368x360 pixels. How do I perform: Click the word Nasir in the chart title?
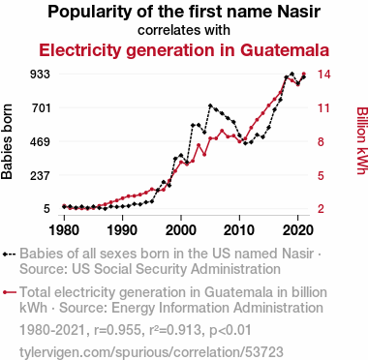tap(299, 12)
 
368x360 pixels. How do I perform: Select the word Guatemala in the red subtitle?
tap(285, 50)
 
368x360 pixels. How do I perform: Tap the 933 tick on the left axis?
tap(40, 75)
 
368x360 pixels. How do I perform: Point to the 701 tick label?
tap(41, 107)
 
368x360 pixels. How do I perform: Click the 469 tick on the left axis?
tap(40, 141)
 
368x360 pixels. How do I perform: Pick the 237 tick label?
tap(40, 176)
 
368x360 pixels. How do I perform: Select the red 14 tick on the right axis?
tap(323, 75)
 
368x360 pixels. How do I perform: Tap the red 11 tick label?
tap(323, 107)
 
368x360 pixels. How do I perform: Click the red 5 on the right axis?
tap(321, 176)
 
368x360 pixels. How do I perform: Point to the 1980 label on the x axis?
tap(64, 230)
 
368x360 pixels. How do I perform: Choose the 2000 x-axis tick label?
tap(181, 230)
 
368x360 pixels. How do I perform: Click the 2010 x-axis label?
tap(239, 230)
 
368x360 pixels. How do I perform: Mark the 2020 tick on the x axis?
tap(297, 230)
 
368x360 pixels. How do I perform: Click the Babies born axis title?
tap(7, 141)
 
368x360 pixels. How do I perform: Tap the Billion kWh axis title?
tap(362, 140)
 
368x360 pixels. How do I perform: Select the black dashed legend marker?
tap(9, 254)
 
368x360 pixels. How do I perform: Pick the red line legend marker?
tap(9, 292)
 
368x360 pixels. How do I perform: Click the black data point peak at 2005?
tap(210, 105)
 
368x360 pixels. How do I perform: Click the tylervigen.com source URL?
tap(151, 352)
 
